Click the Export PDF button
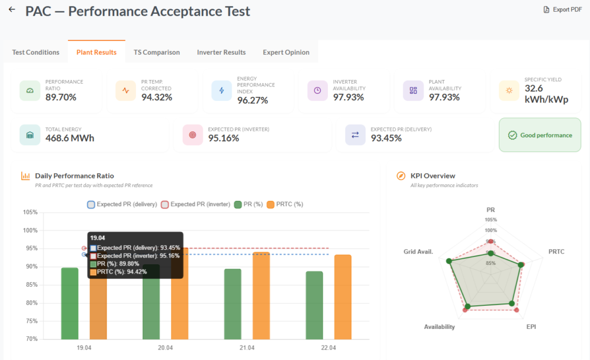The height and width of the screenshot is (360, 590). pyautogui.click(x=562, y=9)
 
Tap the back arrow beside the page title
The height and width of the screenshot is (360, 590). pyautogui.click(x=12, y=9)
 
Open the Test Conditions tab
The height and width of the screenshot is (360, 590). pyautogui.click(x=36, y=52)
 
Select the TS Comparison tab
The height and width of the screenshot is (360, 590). pyautogui.click(x=157, y=52)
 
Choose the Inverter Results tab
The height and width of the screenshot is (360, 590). pyautogui.click(x=221, y=52)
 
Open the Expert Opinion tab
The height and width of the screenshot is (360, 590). pyautogui.click(x=286, y=52)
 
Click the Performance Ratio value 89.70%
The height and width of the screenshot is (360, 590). pyautogui.click(x=61, y=97)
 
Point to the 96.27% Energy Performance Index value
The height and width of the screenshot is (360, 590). pyautogui.click(x=252, y=100)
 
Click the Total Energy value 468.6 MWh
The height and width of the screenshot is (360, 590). pyautogui.click(x=70, y=138)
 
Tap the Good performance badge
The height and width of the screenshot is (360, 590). pyautogui.click(x=540, y=135)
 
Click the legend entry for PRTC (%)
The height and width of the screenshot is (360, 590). pyautogui.click(x=285, y=204)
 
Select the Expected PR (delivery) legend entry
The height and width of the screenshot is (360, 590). pyautogui.click(x=122, y=204)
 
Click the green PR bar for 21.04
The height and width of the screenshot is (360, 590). pyautogui.click(x=233, y=304)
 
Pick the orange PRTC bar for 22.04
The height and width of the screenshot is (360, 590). pyautogui.click(x=343, y=297)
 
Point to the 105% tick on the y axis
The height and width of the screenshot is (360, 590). pyautogui.click(x=30, y=212)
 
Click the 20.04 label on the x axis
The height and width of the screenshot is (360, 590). pyautogui.click(x=165, y=347)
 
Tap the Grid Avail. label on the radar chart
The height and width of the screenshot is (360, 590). pyautogui.click(x=418, y=252)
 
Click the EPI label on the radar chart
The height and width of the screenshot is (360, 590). pyautogui.click(x=531, y=327)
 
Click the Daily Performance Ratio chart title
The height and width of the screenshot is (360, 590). pyautogui.click(x=74, y=176)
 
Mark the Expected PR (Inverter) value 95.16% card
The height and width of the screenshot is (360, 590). pyautogui.click(x=252, y=135)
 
